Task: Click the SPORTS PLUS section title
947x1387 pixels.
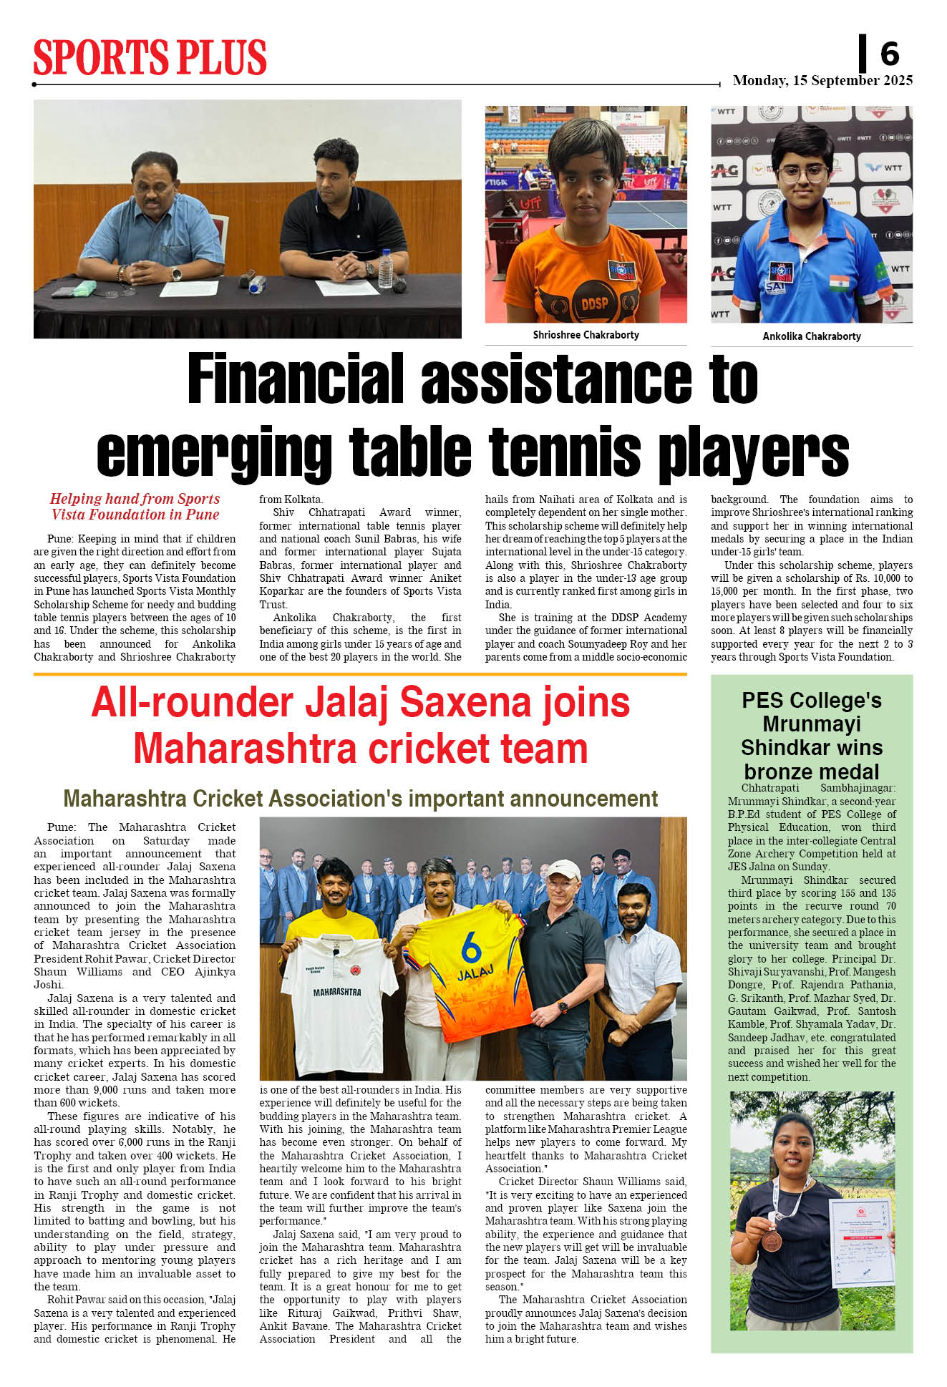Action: coord(150,57)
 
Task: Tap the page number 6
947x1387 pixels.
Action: coord(889,54)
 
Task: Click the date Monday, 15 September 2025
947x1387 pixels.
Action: coord(822,80)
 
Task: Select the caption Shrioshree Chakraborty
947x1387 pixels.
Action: coord(586,335)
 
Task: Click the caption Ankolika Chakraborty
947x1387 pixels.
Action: coord(811,336)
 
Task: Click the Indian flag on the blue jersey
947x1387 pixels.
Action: coord(839,282)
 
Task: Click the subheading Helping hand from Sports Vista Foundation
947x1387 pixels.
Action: coord(135,507)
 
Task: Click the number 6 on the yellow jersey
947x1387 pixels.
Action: coord(471,949)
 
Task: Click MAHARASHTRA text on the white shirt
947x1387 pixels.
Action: coord(337,993)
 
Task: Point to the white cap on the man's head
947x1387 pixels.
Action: coord(563,870)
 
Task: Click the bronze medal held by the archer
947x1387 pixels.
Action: coord(770,1240)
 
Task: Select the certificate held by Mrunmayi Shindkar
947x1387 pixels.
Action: coord(861,1241)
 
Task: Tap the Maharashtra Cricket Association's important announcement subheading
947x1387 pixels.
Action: coord(360,799)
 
